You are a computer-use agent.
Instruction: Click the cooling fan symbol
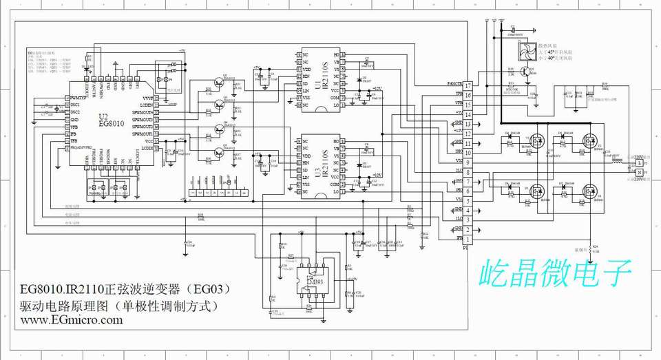(x=529, y=52)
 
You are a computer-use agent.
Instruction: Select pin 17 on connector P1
(x=468, y=85)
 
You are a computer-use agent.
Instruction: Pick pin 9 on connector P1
(x=468, y=162)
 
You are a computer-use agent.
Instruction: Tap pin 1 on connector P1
(x=468, y=239)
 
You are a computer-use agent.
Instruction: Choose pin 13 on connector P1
(x=468, y=124)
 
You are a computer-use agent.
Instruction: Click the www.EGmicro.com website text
(x=71, y=319)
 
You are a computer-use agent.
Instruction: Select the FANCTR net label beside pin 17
(x=454, y=84)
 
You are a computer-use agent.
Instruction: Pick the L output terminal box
(x=638, y=162)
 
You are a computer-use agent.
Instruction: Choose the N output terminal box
(x=638, y=173)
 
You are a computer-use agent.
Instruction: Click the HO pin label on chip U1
(x=337, y=54)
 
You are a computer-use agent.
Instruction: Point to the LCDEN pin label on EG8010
(x=145, y=105)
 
